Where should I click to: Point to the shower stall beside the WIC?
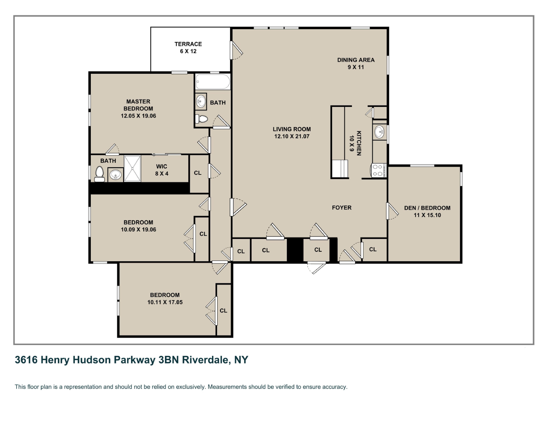tap(133, 168)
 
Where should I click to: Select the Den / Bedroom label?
tap(427, 208)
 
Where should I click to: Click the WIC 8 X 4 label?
tap(162, 170)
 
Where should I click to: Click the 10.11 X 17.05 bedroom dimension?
tap(165, 302)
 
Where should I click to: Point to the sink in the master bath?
tap(115, 175)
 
